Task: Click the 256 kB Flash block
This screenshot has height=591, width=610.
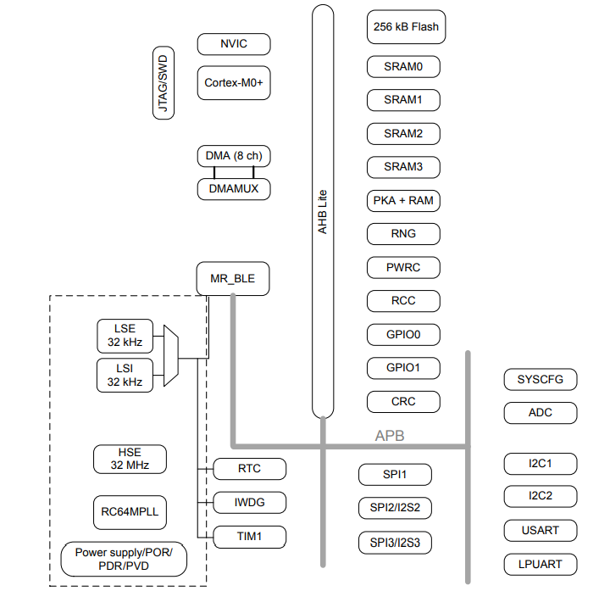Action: click(405, 26)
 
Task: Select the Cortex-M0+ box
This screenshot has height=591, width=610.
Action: click(234, 83)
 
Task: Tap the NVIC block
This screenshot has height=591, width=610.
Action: click(234, 44)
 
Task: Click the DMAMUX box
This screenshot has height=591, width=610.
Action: click(234, 189)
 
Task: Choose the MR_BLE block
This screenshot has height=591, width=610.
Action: click(234, 278)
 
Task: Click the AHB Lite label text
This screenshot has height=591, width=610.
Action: click(322, 211)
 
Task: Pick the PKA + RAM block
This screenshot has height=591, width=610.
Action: click(403, 201)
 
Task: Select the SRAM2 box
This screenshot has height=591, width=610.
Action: click(403, 133)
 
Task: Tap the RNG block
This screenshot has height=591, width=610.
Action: click(403, 233)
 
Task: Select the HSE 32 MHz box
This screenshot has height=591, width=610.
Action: click(129, 459)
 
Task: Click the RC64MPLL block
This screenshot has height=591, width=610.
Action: click(129, 512)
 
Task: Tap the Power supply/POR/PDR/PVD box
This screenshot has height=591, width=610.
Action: click(124, 559)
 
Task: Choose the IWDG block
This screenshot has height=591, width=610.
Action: click(249, 503)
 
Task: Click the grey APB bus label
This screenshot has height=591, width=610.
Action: click(390, 436)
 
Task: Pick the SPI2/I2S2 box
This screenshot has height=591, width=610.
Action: click(395, 508)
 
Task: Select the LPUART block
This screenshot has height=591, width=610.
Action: click(541, 564)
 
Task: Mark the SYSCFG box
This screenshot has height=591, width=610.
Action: click(541, 379)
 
